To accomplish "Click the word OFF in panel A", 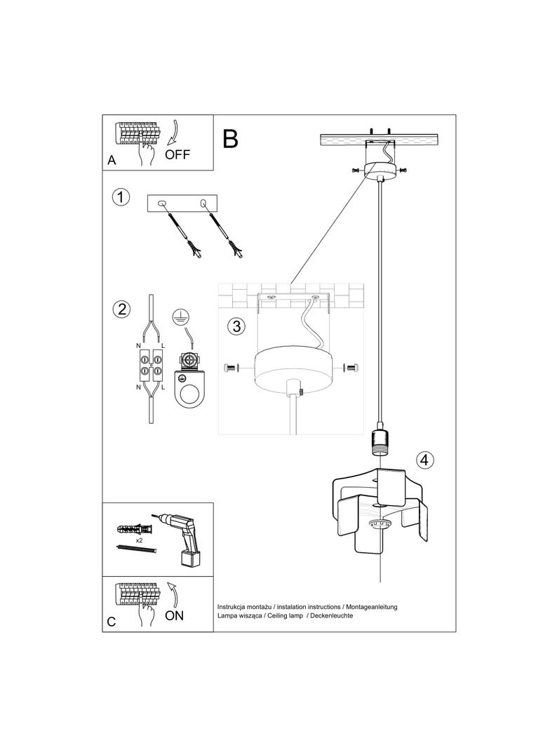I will point(178,154).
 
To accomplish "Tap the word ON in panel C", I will point(174,615).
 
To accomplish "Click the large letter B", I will point(231,139).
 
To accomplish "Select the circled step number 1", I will point(121,197).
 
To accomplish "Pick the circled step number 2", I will point(121,309).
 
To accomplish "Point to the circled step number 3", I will point(236,326).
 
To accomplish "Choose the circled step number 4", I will point(424,460).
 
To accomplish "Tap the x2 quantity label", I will point(140,541).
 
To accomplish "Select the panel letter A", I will point(112,161).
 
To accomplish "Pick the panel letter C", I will point(112,622).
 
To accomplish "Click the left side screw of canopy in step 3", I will point(232,368).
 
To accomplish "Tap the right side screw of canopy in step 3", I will point(351,367).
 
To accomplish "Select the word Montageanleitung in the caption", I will point(371,606).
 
